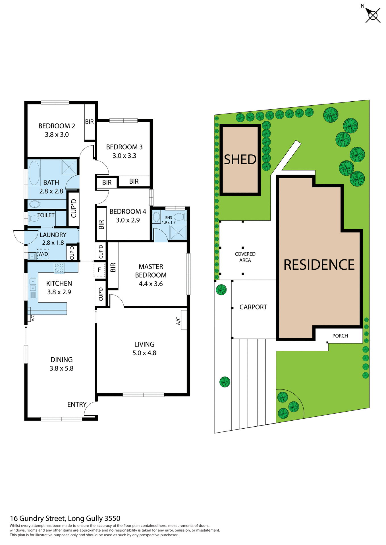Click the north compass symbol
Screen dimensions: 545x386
pos(372,15)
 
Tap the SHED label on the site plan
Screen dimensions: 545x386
pos(240,160)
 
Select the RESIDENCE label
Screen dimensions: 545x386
pos(319,265)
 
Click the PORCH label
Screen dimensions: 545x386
pos(340,336)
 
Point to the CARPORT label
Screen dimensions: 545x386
pos(253,307)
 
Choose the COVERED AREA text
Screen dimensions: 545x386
pos(245,257)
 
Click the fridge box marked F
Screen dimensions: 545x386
pos(99,270)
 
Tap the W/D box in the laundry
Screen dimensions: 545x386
pos(43,254)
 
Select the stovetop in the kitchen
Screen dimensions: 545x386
pos(59,268)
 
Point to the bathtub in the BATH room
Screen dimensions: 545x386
pos(34,173)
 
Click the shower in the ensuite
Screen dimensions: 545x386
pos(178,232)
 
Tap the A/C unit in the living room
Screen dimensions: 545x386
pos(184,320)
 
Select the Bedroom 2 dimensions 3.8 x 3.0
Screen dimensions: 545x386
pos(57,135)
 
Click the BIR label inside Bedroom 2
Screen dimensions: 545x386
pos(89,122)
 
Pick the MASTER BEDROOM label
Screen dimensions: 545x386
pos(151,271)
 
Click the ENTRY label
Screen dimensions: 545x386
pos(77,404)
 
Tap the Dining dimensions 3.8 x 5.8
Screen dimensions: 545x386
pos(61,368)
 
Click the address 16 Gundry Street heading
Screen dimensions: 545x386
pos(65,518)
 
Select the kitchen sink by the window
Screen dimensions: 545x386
pos(33,285)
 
